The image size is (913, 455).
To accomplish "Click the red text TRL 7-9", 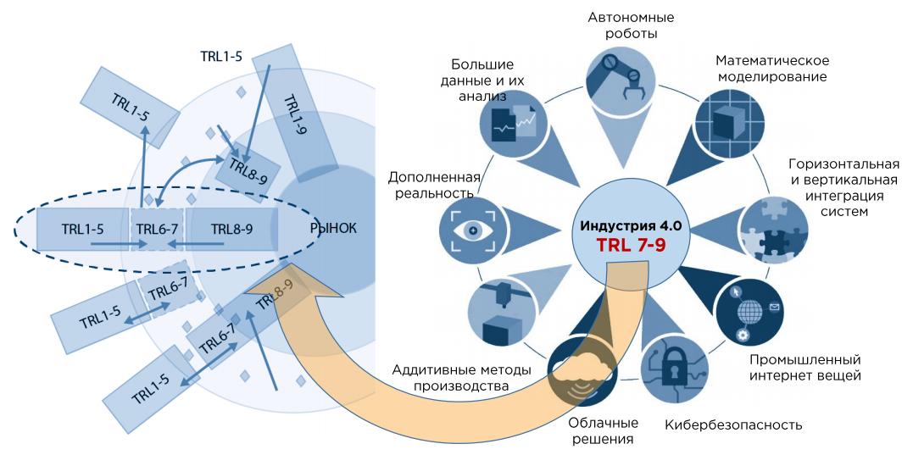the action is [632, 244].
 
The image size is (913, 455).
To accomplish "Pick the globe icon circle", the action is [749, 313].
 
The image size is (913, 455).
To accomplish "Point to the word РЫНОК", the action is [333, 229].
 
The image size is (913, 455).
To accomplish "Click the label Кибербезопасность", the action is [733, 424].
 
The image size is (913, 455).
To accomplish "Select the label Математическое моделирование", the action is [772, 69].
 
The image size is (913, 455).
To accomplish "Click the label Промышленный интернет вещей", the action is [805, 368].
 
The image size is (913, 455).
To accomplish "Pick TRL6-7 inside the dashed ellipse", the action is [156, 229].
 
